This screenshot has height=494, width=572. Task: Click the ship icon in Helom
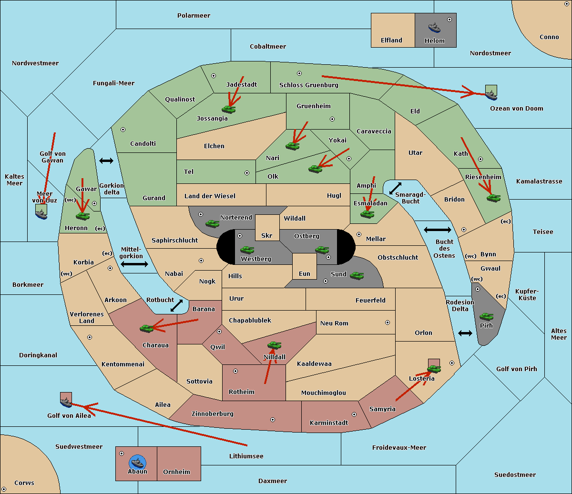[x=434, y=28]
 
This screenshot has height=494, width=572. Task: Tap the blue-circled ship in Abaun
[x=137, y=462]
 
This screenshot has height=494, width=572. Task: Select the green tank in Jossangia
[x=229, y=109]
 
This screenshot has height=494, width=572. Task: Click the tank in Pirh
[x=486, y=316]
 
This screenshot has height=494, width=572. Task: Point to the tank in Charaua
[x=147, y=328]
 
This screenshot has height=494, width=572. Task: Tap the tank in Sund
[x=357, y=275]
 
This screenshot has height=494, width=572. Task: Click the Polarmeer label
[x=194, y=16]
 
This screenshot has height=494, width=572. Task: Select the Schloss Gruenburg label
[x=309, y=85]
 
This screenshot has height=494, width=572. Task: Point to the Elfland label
[x=391, y=40]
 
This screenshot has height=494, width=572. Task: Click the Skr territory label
[x=267, y=235]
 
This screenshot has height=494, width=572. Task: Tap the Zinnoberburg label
[x=213, y=414]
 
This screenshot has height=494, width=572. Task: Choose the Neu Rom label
[x=334, y=323]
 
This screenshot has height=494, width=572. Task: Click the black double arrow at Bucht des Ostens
[x=437, y=230]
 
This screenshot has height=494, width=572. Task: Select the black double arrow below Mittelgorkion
[x=134, y=264]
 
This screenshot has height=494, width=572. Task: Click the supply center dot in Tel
[x=247, y=173]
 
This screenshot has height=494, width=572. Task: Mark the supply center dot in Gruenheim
[x=332, y=119]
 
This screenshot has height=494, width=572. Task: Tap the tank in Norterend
[x=212, y=223]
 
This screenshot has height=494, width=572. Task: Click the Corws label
[x=24, y=483]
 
